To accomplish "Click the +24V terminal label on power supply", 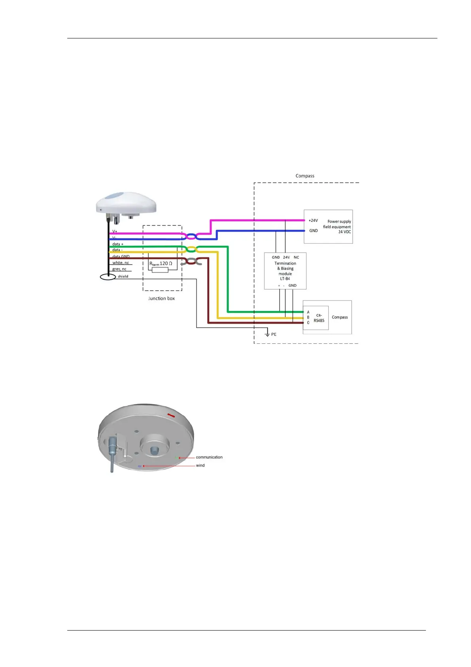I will pyautogui.click(x=313, y=221).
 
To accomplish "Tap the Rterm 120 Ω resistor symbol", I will pyautogui.click(x=160, y=270).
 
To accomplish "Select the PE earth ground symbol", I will pyautogui.click(x=267, y=334).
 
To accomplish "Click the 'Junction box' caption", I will pyautogui.click(x=161, y=299).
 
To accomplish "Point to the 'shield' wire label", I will pyautogui.click(x=123, y=276).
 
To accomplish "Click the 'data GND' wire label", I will pyautogui.click(x=121, y=257).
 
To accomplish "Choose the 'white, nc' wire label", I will pyautogui.click(x=121, y=263).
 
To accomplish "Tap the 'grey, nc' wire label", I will pyautogui.click(x=119, y=269).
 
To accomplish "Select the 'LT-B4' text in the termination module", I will pyautogui.click(x=285, y=279).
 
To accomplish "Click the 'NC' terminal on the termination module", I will pyautogui.click(x=296, y=257).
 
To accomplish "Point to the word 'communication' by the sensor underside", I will pyautogui.click(x=209, y=457).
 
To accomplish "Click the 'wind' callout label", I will pyautogui.click(x=201, y=466).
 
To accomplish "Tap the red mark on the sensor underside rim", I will pyautogui.click(x=171, y=415).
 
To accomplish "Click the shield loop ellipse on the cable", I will pyautogui.click(x=108, y=277).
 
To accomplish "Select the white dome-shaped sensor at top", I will pyautogui.click(x=126, y=204).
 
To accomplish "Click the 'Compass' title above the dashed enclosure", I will pyautogui.click(x=305, y=176).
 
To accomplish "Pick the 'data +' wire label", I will pyautogui.click(x=118, y=244).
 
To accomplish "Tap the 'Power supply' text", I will pyautogui.click(x=339, y=221).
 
